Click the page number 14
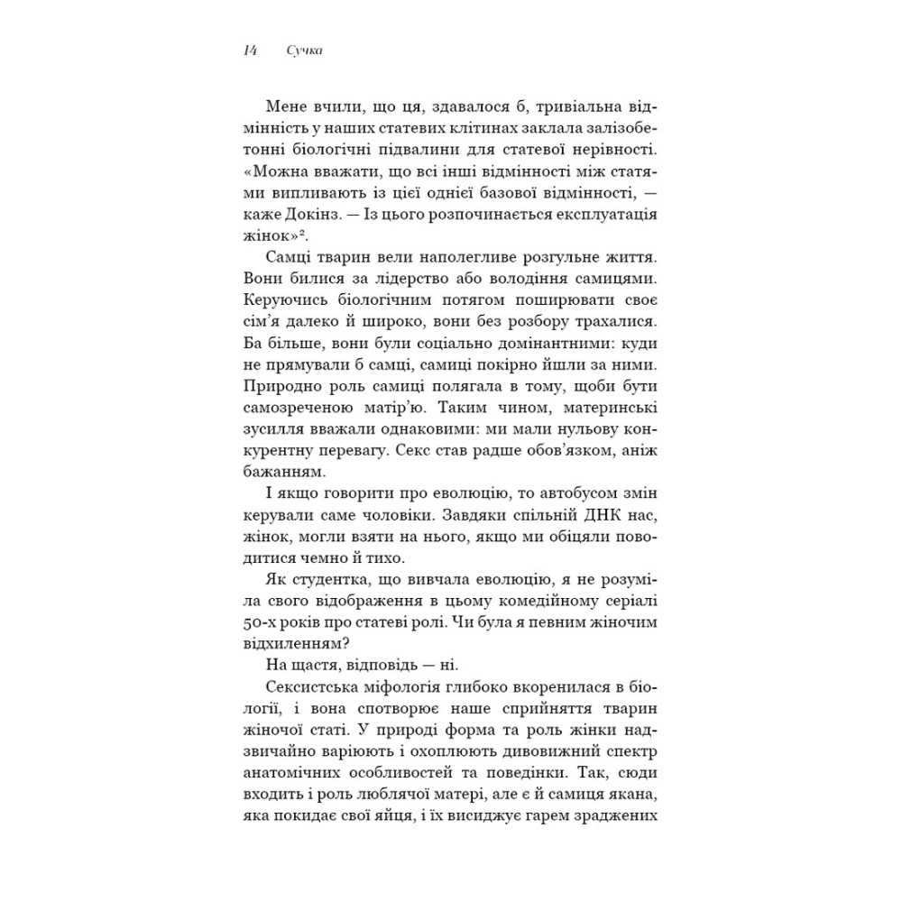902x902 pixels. (x=248, y=52)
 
